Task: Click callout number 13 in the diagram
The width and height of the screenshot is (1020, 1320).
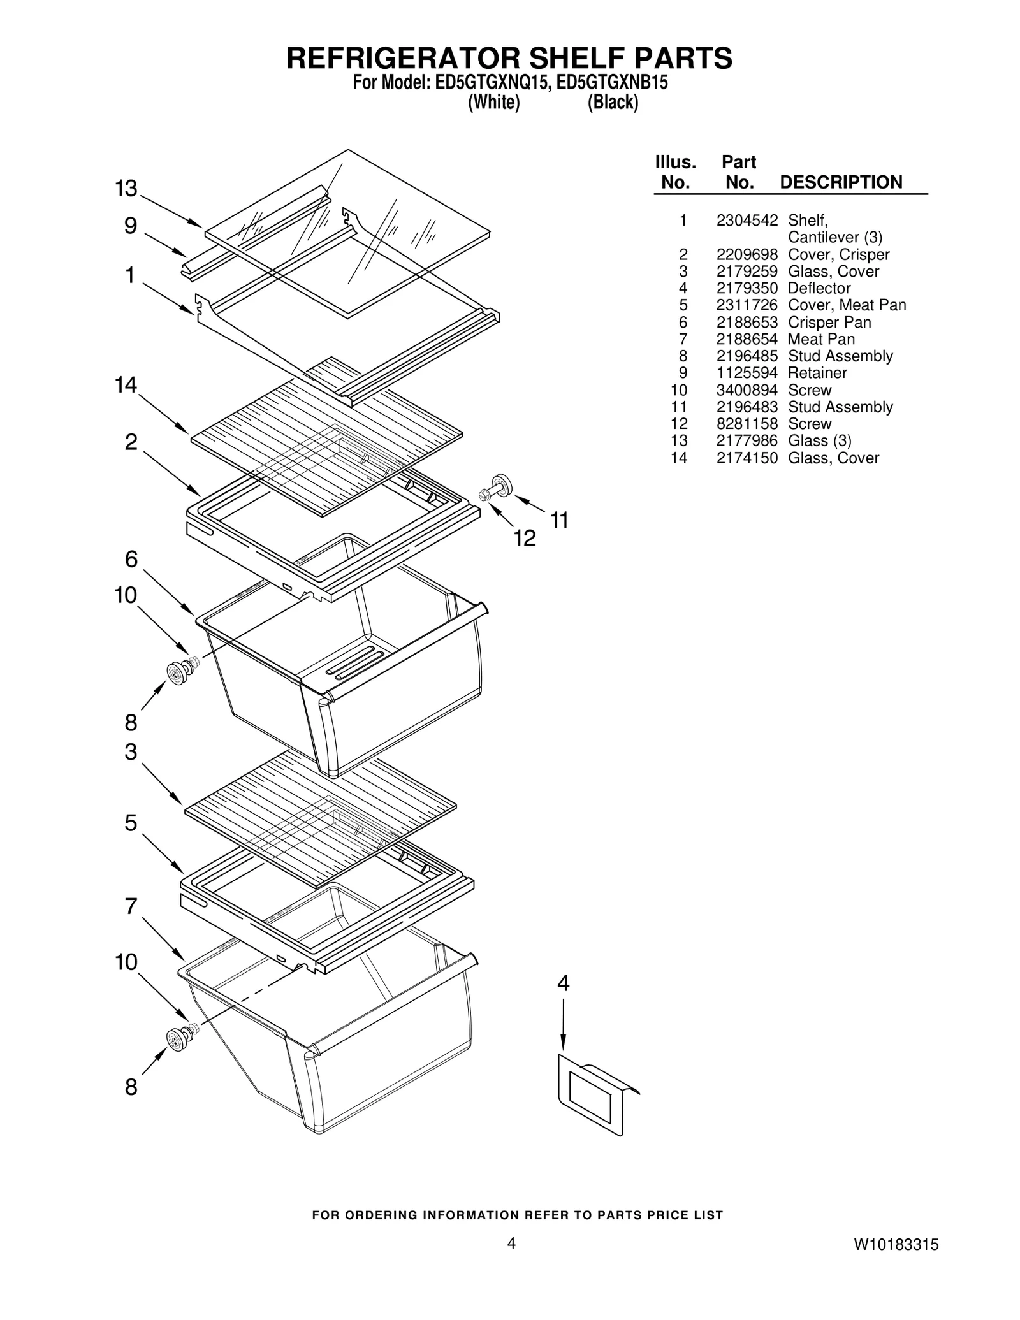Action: [126, 189]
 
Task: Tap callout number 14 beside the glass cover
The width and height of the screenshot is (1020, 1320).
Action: [126, 385]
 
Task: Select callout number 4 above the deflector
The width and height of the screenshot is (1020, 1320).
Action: [563, 983]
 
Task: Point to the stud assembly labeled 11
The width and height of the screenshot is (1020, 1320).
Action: [502, 484]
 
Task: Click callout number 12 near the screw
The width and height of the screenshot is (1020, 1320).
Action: [525, 539]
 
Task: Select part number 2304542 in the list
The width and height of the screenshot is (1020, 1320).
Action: [747, 221]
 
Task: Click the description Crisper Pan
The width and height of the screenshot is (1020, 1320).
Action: [829, 323]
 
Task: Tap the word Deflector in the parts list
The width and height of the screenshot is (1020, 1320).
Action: [819, 288]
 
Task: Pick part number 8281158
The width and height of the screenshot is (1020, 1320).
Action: [747, 424]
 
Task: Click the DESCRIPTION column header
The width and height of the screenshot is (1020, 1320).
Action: [840, 182]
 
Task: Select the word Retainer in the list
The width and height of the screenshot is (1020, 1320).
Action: [817, 373]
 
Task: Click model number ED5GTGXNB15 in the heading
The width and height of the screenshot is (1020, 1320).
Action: [612, 83]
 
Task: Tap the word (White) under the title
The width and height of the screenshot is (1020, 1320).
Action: [494, 102]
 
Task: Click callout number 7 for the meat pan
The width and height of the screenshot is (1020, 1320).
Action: [131, 906]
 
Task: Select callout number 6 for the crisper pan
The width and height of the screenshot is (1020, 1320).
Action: [131, 559]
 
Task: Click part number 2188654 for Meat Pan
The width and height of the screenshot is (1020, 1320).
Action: [747, 339]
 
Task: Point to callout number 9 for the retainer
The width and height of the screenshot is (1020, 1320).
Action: [130, 226]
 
